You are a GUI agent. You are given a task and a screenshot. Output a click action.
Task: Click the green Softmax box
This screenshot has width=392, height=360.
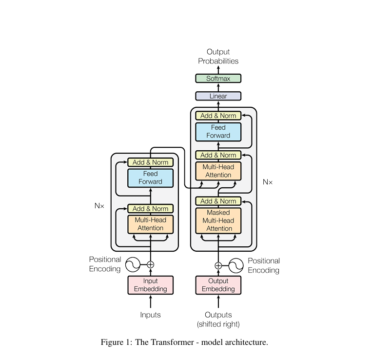[218, 79]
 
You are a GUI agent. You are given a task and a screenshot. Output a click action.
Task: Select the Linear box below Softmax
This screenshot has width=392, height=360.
[218, 96]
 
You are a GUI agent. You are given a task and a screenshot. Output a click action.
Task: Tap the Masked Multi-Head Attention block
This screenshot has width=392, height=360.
[218, 220]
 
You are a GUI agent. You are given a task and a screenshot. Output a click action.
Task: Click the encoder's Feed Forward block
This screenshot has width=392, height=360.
[150, 178]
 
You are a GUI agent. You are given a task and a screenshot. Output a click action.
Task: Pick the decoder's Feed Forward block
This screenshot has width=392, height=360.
[218, 132]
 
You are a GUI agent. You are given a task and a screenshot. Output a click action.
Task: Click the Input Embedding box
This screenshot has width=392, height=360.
[150, 285]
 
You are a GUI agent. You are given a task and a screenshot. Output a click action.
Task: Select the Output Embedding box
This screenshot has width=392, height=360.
[218, 285]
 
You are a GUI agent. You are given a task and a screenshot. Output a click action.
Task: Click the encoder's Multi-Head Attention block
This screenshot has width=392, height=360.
[150, 224]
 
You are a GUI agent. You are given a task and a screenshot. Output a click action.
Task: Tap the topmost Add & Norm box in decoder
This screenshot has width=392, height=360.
[218, 116]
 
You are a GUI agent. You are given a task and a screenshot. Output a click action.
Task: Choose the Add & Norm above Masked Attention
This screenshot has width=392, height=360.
[218, 201]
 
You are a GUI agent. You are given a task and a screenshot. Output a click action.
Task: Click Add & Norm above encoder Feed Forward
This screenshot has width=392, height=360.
[150, 162]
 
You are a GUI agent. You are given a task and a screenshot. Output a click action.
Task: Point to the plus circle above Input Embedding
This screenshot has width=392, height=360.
[150, 265]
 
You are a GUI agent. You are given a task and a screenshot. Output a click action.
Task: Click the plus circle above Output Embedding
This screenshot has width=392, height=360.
[218, 265]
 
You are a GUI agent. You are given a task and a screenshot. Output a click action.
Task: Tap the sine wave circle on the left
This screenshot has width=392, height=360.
[133, 265]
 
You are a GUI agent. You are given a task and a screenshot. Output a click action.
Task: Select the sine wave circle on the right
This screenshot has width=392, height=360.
[236, 265]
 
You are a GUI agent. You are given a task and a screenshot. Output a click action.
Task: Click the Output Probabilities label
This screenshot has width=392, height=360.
[218, 57]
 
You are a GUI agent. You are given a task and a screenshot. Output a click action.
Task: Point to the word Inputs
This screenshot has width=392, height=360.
[150, 315]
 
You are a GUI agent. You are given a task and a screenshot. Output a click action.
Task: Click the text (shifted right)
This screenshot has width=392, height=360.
[218, 324]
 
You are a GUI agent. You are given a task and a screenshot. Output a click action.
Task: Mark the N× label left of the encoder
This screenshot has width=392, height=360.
[99, 206]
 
